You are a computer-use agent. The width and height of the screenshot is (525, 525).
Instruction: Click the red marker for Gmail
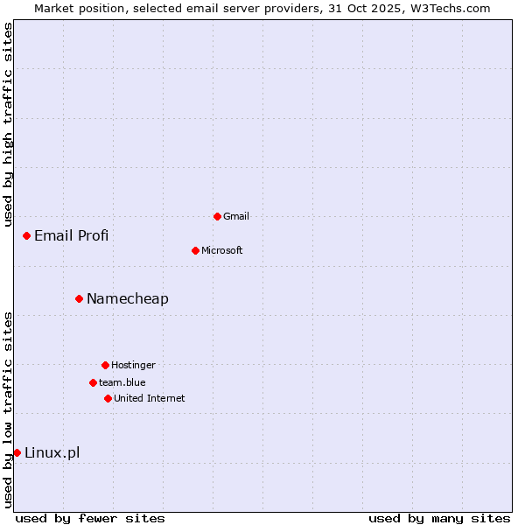tap(217, 216)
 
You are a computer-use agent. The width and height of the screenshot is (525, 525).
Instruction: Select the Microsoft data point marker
tap(195, 250)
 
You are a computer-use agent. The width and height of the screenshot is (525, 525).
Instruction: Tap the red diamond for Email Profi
tap(26, 235)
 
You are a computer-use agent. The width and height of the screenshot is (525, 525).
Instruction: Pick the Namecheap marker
tap(79, 298)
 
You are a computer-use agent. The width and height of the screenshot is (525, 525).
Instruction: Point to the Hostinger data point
tap(105, 365)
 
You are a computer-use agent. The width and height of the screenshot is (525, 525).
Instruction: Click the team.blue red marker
tap(93, 382)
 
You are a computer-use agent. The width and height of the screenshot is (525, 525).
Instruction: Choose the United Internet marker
tap(108, 398)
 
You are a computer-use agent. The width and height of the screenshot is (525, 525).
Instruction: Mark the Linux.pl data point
tap(17, 452)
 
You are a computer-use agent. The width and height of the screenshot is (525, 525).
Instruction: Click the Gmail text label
tap(236, 216)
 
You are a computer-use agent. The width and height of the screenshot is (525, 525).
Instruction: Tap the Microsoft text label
tap(221, 250)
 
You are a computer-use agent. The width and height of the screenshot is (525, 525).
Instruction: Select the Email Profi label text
tap(71, 235)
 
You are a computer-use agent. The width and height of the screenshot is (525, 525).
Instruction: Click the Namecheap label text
tap(127, 298)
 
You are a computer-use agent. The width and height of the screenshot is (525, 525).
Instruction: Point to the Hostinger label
tap(133, 365)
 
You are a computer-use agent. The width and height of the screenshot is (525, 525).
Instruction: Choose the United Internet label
tap(149, 398)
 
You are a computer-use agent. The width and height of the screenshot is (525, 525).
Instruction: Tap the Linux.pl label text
tap(52, 452)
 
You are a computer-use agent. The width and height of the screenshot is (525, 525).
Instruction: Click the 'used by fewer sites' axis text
tap(90, 518)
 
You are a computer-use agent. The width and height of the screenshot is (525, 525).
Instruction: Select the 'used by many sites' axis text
tap(439, 518)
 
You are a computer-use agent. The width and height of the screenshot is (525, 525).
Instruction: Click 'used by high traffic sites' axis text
tap(8, 124)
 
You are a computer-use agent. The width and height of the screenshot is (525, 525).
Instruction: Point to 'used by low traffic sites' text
tap(8, 409)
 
